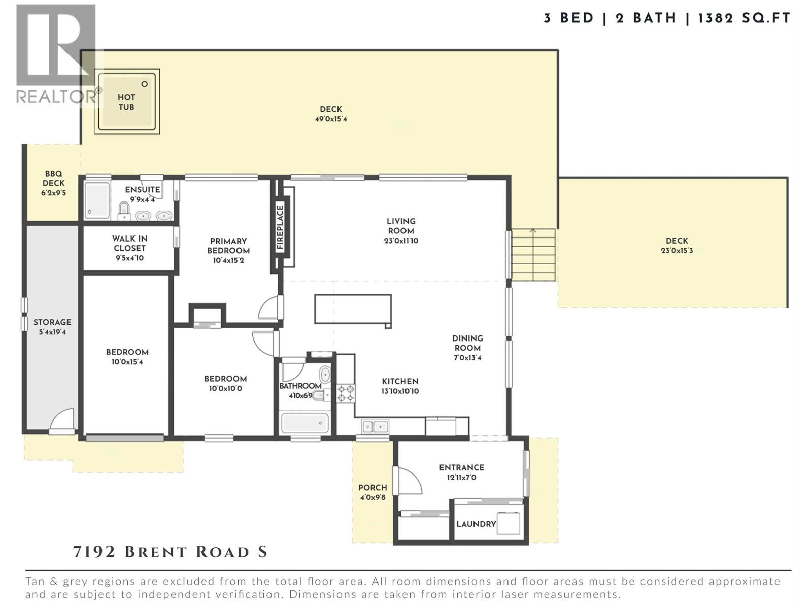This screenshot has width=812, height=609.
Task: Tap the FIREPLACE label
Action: (x=280, y=227)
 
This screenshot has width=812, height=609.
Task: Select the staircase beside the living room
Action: (x=533, y=254)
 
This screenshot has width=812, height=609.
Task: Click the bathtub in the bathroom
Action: (x=304, y=423)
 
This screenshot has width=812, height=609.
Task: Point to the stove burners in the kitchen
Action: (x=346, y=393)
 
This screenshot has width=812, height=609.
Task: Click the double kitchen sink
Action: (x=375, y=426)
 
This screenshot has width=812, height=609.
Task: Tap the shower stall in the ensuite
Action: (x=96, y=200)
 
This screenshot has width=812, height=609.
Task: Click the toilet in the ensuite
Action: (x=123, y=210)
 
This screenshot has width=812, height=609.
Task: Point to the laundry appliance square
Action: (x=509, y=523)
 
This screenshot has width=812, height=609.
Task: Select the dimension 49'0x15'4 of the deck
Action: (x=331, y=119)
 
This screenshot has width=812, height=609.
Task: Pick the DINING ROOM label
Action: (x=467, y=343)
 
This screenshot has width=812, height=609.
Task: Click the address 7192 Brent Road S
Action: (x=170, y=552)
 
